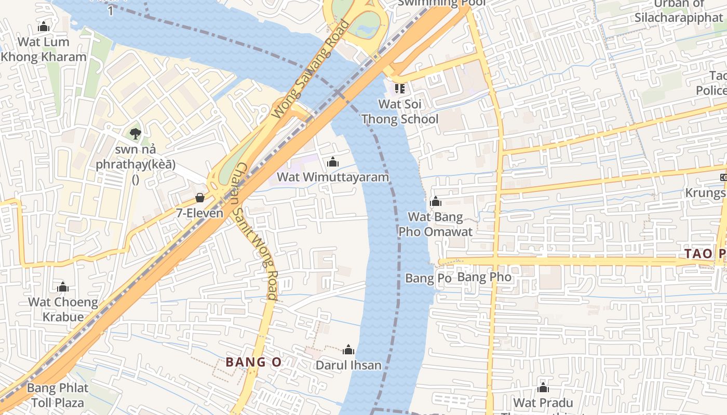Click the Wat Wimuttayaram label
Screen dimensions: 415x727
[332, 177]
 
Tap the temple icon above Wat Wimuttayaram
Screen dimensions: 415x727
[333, 162]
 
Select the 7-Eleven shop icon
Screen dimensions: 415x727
[200, 198]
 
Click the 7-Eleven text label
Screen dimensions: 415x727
[200, 213]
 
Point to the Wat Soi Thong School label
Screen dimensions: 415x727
[400, 112]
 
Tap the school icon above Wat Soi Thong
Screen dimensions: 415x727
[399, 89]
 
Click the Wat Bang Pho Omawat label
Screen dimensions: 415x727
[435, 224]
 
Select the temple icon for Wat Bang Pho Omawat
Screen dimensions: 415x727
[435, 201]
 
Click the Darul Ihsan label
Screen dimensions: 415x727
[348, 365]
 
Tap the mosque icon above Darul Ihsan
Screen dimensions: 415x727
[348, 350]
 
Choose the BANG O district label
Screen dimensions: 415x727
[253, 362]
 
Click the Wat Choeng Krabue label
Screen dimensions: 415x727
[63, 309]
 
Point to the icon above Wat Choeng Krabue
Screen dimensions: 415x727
[63, 287]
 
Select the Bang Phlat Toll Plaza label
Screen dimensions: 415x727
[58, 395]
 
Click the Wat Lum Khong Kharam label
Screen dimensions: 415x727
[44, 49]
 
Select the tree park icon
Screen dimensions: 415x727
[136, 134]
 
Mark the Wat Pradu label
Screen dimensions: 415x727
[543, 403]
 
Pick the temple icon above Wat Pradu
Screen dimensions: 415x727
[543, 388]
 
